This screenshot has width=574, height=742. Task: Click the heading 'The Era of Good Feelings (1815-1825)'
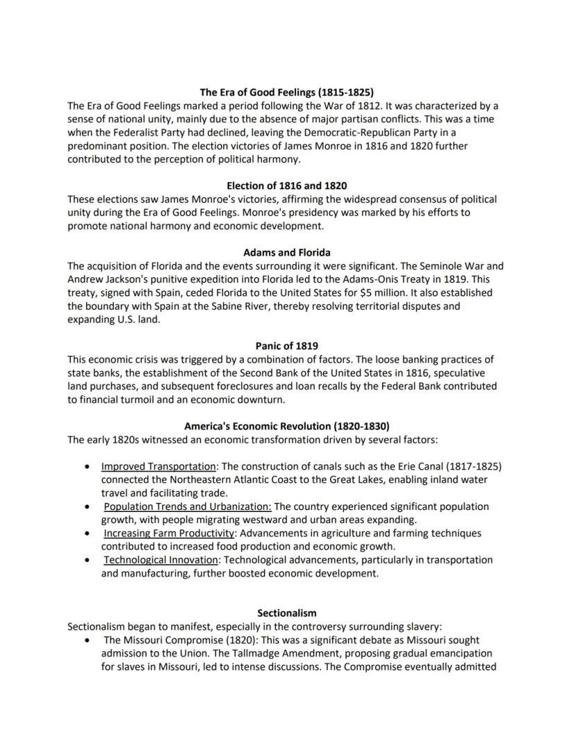(x=286, y=92)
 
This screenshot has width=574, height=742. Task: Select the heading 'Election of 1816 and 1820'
(x=286, y=186)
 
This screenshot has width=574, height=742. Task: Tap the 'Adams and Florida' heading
(x=286, y=252)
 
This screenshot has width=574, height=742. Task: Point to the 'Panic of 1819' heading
(x=286, y=346)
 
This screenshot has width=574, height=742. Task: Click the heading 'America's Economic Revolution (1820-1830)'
(x=286, y=426)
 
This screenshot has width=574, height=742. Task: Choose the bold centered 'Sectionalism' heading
(x=286, y=613)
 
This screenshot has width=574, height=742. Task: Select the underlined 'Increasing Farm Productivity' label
(x=169, y=533)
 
